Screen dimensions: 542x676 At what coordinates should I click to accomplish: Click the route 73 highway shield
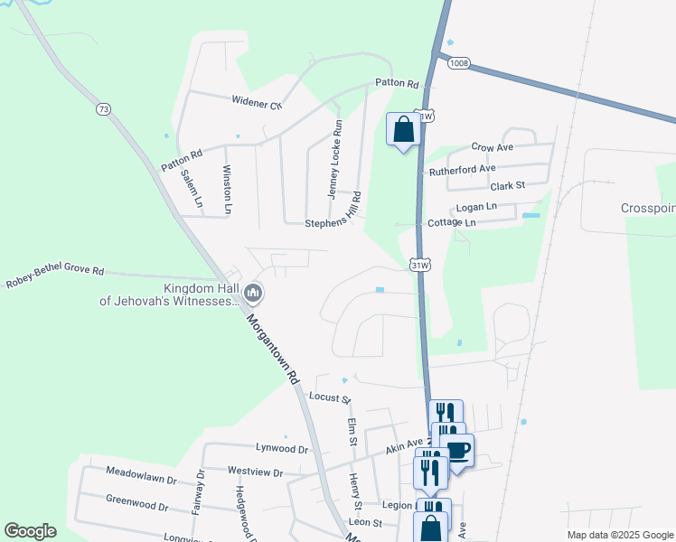pyautogui.click(x=104, y=109)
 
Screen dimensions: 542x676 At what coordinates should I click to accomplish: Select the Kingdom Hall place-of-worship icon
pyautogui.click(x=253, y=292)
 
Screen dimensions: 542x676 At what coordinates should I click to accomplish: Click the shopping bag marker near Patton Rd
pyautogui.click(x=403, y=129)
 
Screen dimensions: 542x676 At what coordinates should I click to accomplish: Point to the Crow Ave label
pyautogui.click(x=493, y=146)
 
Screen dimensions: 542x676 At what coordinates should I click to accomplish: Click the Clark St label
pyautogui.click(x=507, y=186)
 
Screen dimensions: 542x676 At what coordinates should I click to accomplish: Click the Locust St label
pyautogui.click(x=329, y=397)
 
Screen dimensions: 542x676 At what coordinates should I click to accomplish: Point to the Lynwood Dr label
pyautogui.click(x=282, y=448)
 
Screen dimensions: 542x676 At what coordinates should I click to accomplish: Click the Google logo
pyautogui.click(x=30, y=531)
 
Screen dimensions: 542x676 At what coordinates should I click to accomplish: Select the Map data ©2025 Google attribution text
pyautogui.click(x=619, y=535)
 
